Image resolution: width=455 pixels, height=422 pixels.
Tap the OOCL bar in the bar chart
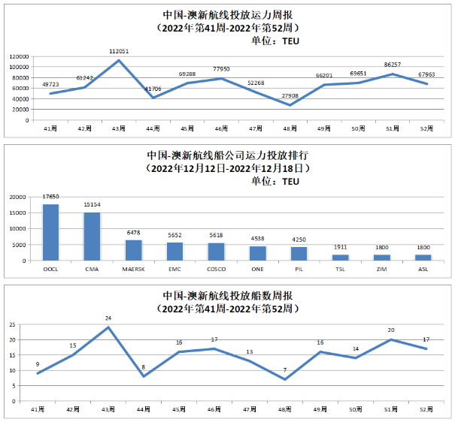pos(51,232)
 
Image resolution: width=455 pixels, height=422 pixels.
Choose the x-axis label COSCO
pos(216,267)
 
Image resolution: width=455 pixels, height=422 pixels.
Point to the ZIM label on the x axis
pos(382,267)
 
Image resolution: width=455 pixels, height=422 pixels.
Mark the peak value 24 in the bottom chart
pos(109,318)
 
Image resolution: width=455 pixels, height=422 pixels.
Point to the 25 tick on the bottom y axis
pos(12,324)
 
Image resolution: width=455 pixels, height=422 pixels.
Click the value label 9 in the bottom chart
pos(37,365)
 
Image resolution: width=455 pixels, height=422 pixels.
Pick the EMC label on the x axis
pos(174,267)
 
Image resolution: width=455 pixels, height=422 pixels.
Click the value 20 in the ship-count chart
pos(391,330)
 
